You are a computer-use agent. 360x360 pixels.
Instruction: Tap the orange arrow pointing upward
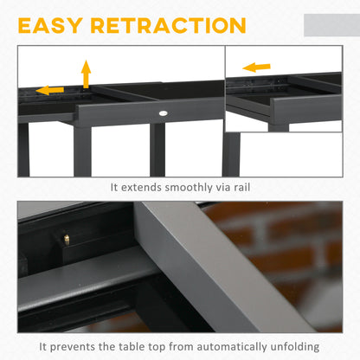pos(85,74)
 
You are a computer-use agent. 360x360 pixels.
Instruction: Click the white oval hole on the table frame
pos(164,113)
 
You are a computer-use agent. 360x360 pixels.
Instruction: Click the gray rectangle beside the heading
pos(332,25)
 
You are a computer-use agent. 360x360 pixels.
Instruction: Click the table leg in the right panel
pos(231,152)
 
